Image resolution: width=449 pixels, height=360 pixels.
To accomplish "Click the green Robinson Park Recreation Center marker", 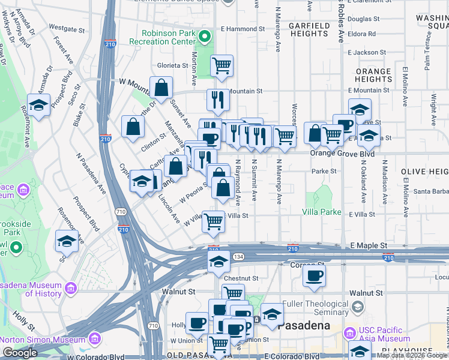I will click(205, 37).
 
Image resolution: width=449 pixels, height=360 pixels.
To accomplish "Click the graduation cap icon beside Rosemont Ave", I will click(39, 105).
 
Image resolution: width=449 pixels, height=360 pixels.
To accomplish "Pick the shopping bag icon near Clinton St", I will click(133, 126).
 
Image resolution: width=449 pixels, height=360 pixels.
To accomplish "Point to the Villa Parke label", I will click(322, 212).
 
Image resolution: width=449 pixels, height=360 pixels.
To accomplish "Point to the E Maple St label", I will click(369, 246).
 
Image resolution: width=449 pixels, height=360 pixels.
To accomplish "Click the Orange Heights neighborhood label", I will click(373, 75).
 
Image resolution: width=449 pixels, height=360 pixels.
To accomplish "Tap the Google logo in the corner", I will click(20, 353).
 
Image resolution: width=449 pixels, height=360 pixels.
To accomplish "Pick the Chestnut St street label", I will click(241, 278).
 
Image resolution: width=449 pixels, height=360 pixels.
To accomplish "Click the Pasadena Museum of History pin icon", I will click(71, 289).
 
